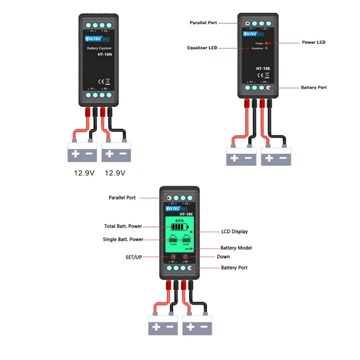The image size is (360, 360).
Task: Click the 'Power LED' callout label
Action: click(x=313, y=42)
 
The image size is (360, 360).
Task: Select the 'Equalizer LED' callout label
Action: click(x=202, y=48)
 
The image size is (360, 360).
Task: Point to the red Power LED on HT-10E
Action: click(x=266, y=43)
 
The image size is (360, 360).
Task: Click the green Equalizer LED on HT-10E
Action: click(x=266, y=48)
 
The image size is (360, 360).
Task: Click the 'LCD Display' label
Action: click(x=234, y=232)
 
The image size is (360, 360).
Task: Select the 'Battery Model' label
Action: click(x=236, y=248)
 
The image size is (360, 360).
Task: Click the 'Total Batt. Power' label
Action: click(x=124, y=226)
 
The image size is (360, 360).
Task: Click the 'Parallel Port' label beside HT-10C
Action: click(x=122, y=198)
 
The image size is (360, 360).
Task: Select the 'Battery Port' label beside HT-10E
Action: click(x=314, y=87)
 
